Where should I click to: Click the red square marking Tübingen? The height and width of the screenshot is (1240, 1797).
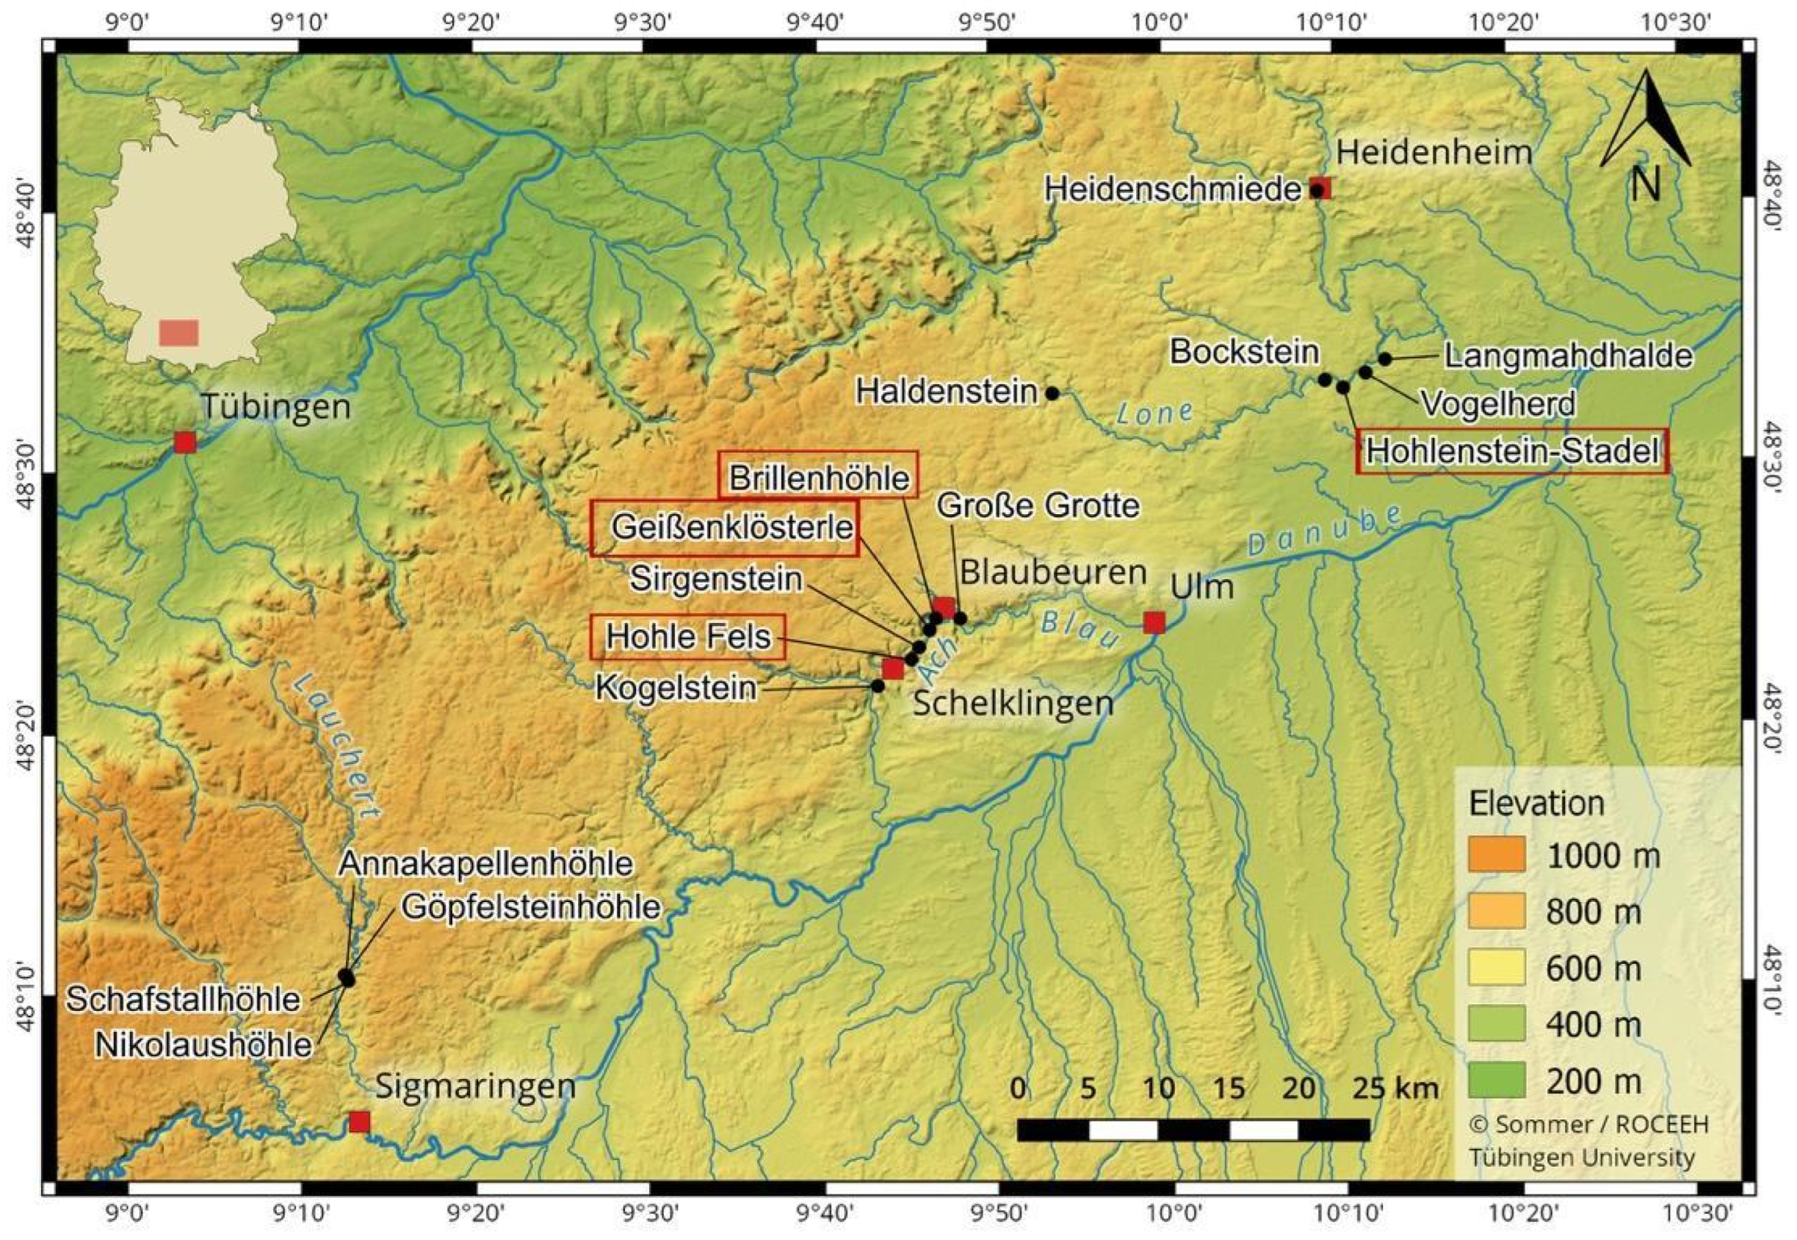[185, 442]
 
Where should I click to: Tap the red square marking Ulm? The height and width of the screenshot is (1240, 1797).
[1154, 622]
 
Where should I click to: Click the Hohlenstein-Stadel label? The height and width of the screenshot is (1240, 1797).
[1512, 451]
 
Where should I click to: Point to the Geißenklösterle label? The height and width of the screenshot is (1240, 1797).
[725, 528]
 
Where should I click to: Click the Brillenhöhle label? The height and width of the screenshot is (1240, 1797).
[818, 475]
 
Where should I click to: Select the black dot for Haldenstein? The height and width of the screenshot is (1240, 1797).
[1052, 393]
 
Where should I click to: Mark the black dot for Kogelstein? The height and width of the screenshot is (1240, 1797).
[878, 686]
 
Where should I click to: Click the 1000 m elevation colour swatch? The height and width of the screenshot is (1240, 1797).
[1497, 854]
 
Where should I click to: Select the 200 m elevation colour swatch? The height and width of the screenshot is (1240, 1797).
[1497, 1081]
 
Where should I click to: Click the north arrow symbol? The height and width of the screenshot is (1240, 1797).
[1645, 124]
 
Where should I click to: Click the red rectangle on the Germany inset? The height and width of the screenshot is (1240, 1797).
[179, 333]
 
